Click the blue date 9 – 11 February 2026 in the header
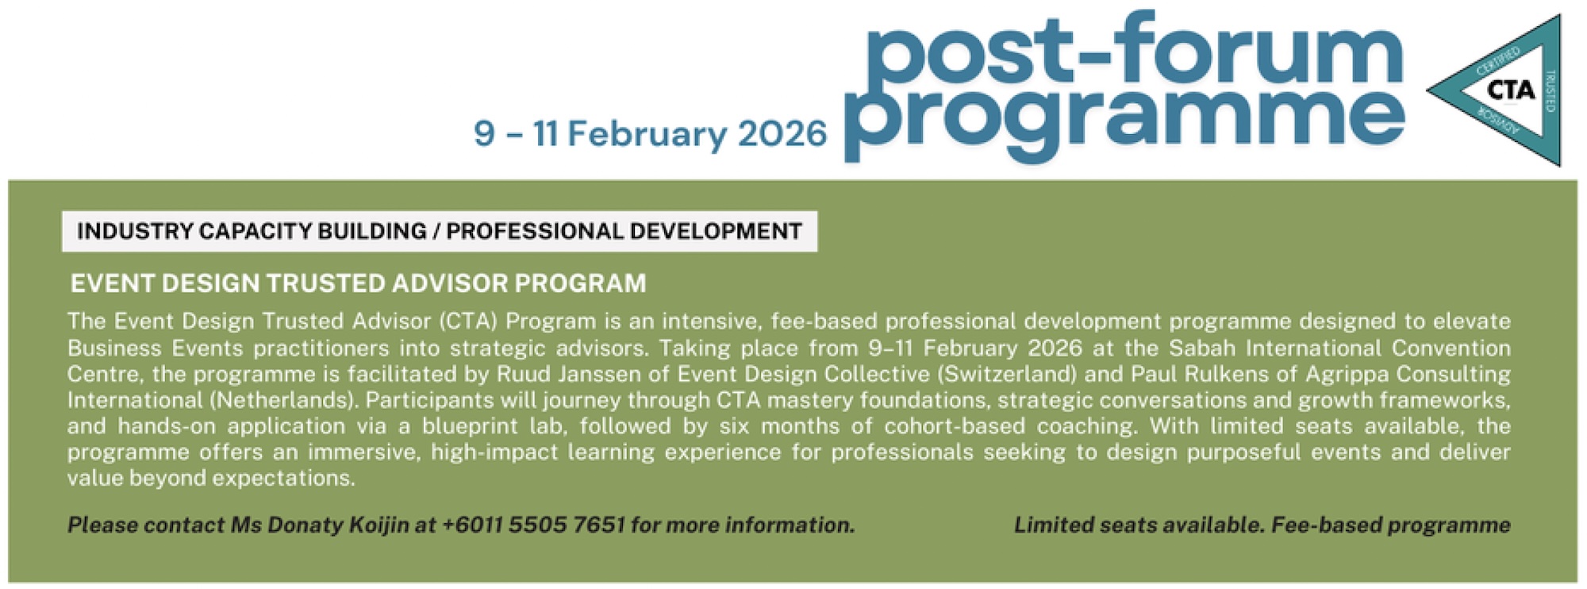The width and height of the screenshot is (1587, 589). [650, 133]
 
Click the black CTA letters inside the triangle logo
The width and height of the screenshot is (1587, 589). [1511, 90]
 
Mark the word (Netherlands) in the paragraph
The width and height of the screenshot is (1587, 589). [212, 400]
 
